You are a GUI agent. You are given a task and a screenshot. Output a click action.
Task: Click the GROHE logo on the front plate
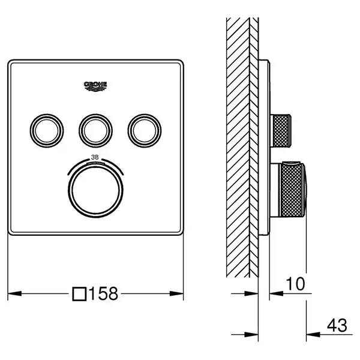(95, 86)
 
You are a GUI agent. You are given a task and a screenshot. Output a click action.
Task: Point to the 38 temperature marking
(95, 157)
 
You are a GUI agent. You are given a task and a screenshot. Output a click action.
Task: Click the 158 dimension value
(104, 293)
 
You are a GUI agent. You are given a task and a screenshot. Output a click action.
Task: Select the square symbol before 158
(79, 294)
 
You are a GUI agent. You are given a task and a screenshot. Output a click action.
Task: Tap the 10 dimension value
(296, 284)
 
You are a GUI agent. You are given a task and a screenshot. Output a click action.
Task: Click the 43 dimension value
(337, 325)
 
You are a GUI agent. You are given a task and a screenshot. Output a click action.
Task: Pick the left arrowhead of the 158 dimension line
(14, 293)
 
